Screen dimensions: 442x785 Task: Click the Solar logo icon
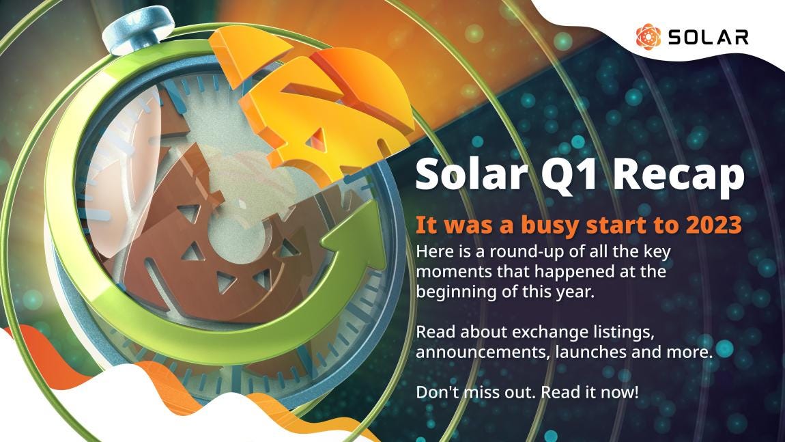[x=648, y=36]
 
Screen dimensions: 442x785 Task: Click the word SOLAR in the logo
[x=708, y=36]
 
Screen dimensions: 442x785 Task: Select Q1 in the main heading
[x=577, y=175]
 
